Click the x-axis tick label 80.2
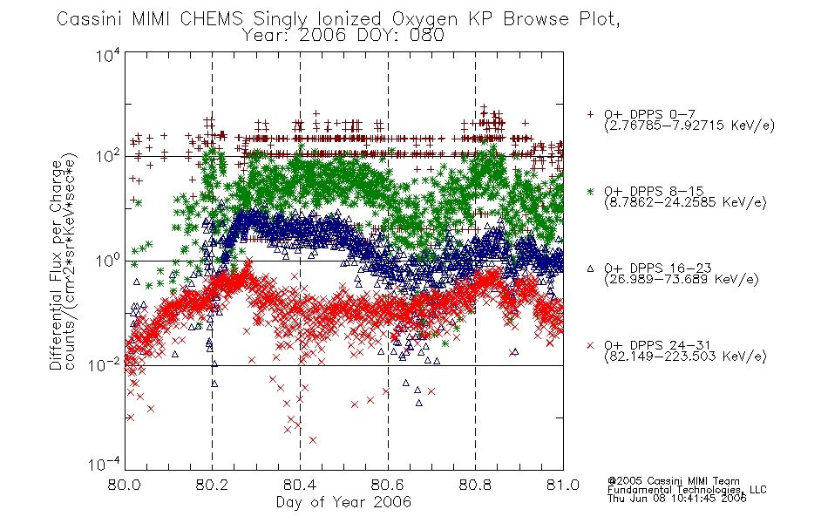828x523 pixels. [x=213, y=485]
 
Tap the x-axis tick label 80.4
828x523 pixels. [x=300, y=485]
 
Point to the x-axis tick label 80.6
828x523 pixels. [x=388, y=485]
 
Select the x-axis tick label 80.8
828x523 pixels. [x=475, y=485]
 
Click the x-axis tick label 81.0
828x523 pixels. [x=563, y=485]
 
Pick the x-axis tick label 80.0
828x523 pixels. [x=125, y=485]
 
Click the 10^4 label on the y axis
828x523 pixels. [x=108, y=55]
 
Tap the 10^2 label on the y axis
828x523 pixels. [x=108, y=156]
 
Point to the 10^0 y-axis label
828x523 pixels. [x=108, y=261]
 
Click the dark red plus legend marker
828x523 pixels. [x=590, y=114]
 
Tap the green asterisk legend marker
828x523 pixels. [x=590, y=191]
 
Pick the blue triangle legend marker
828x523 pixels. [x=590, y=268]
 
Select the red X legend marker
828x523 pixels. [x=590, y=345]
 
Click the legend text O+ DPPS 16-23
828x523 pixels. [x=658, y=268]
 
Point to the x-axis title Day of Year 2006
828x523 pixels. [x=343, y=502]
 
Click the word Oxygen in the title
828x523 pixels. [x=425, y=19]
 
